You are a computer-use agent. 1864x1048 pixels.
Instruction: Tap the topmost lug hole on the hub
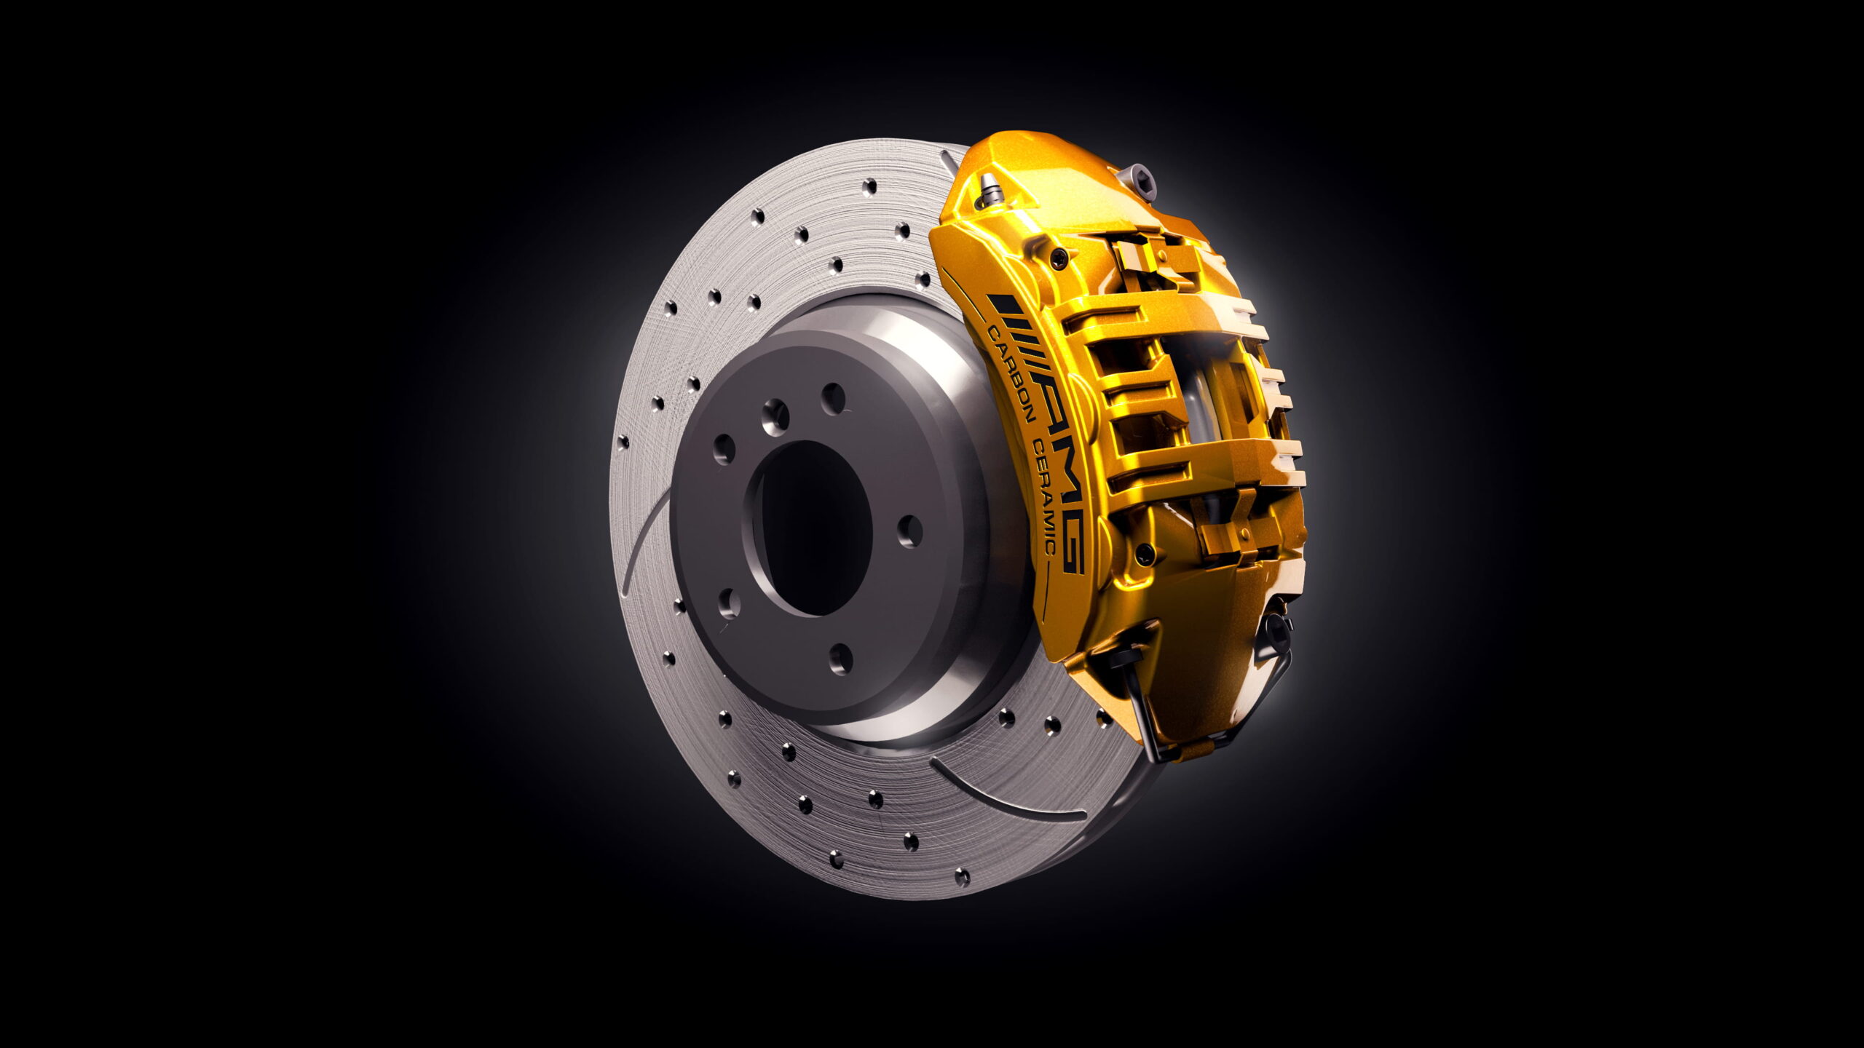pyautogui.click(x=834, y=398)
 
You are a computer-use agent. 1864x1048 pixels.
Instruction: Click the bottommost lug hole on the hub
pyautogui.click(x=840, y=659)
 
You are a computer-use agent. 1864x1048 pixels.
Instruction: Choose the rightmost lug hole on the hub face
pyautogui.click(x=909, y=531)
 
